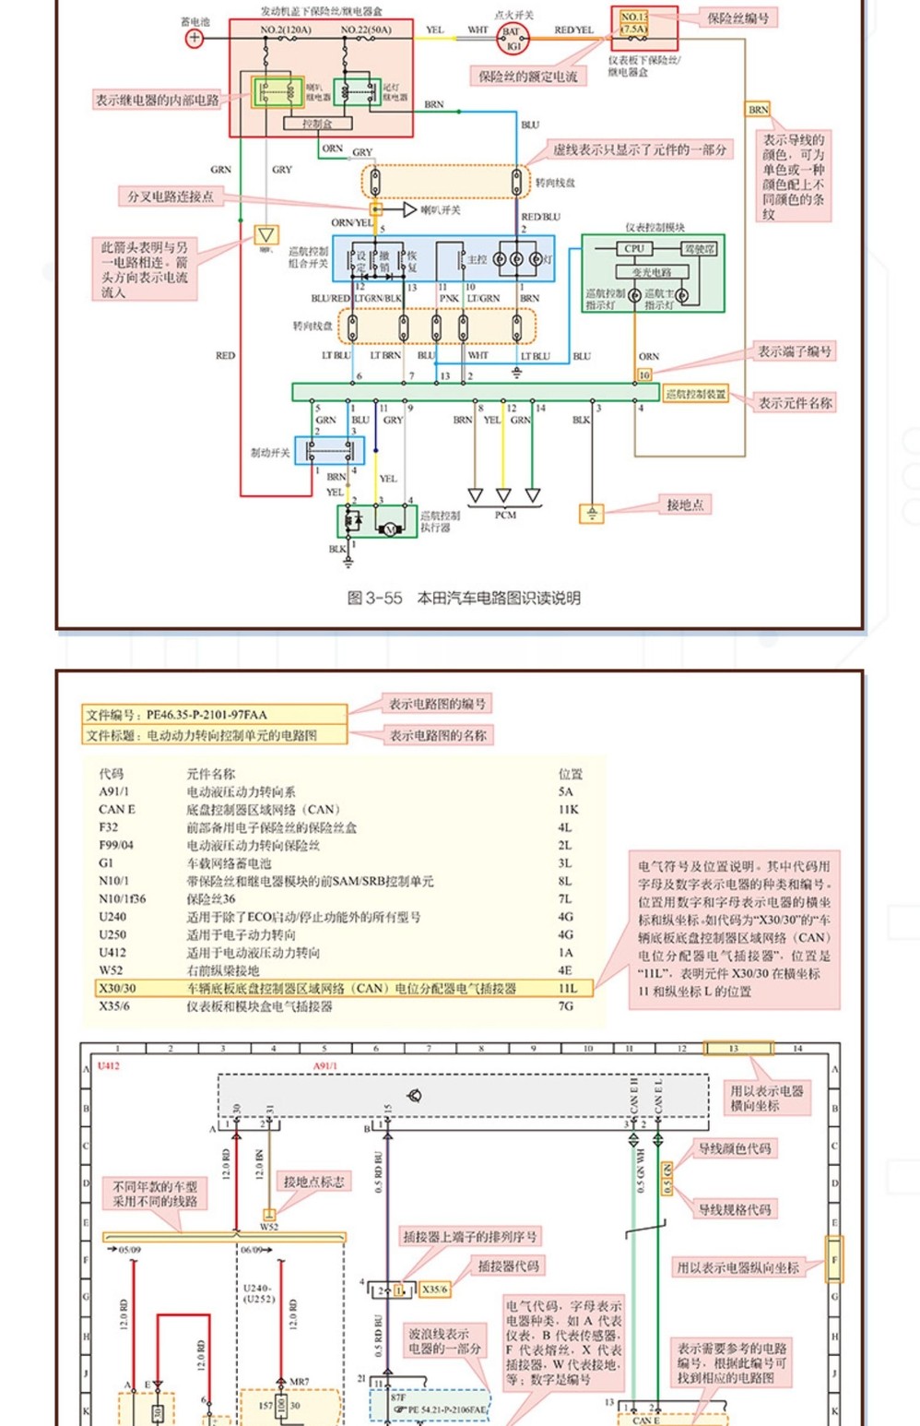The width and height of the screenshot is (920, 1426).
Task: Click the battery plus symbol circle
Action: pos(195,38)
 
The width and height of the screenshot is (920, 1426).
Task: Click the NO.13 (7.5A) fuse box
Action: pos(634,23)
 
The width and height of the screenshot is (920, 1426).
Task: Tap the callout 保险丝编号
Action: pos(737,18)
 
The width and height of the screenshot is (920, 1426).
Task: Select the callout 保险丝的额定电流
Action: pos(528,77)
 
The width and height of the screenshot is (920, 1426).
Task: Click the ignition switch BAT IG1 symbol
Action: pos(512,38)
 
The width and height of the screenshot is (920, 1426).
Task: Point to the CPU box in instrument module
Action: pos(634,248)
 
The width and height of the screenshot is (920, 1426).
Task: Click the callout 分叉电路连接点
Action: pos(171,196)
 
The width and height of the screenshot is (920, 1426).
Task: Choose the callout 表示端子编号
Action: pos(795,351)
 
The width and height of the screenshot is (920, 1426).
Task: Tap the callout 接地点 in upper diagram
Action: pos(685,505)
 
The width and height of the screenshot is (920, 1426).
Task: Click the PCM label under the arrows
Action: pos(505,515)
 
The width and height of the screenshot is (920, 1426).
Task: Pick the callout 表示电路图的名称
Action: pos(438,735)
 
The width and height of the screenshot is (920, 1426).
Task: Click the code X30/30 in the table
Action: pos(117,988)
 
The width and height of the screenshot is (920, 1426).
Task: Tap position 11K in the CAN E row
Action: pos(568,809)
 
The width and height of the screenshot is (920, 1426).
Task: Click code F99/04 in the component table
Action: pos(116,845)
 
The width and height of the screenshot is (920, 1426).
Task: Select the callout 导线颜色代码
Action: pos(735,1148)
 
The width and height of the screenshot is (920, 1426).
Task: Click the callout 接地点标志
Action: pos(313,1182)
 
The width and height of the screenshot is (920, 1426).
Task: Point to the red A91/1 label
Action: pos(325,1066)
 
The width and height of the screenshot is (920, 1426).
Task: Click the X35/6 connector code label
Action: pos(434,1289)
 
